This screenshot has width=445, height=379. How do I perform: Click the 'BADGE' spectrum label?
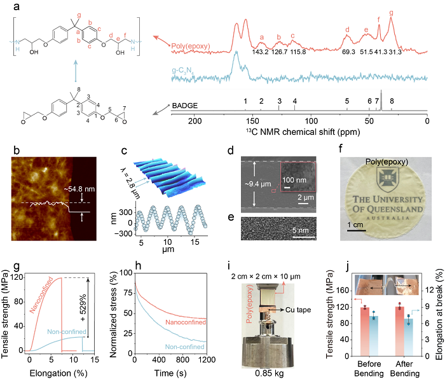(186, 106)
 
